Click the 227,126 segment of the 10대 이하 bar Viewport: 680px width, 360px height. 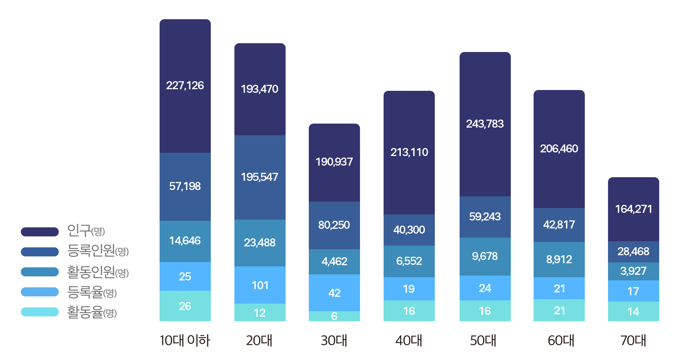185,86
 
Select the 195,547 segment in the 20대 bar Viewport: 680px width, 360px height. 260,177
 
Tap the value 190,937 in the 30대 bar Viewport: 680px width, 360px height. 334,162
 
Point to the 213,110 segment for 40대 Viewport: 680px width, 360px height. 409,152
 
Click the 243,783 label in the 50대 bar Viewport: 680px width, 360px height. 485,124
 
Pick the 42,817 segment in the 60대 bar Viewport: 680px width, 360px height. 559,225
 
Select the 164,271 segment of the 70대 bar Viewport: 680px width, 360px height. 634,209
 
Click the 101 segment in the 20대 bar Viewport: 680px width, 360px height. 260,285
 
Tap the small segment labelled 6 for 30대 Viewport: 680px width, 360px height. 334,316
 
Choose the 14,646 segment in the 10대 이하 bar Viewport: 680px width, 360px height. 185,241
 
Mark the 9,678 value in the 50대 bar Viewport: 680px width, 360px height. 485,256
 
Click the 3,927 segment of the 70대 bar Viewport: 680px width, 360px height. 634,271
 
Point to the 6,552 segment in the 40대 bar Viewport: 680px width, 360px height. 409,261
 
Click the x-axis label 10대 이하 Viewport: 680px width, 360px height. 185,341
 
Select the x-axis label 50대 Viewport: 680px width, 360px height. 483,341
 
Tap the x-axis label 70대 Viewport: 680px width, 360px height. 633,341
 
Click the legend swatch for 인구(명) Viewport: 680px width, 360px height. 40,232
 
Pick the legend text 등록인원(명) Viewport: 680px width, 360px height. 98,251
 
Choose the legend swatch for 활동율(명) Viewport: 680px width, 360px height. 40,312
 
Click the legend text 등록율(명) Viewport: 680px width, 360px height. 92,292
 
